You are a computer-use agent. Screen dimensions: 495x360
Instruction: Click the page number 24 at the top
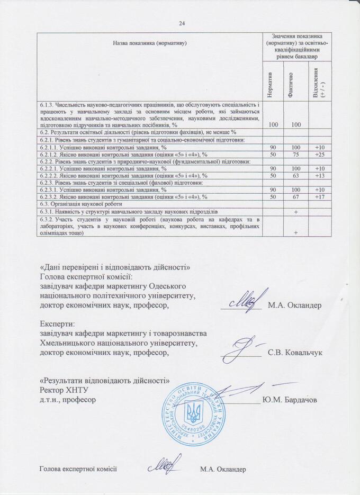coord(182,23)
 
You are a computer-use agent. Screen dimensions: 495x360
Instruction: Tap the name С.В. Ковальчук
coord(295,352)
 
